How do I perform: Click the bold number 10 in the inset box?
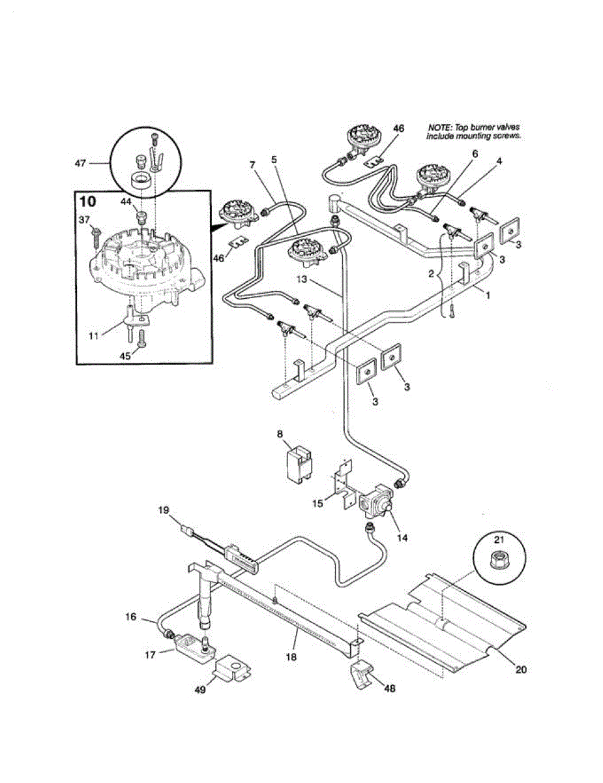tap(87, 202)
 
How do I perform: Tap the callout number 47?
tap(80, 164)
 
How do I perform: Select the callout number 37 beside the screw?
tap(84, 220)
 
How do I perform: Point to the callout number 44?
tap(126, 203)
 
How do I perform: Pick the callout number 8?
tap(280, 434)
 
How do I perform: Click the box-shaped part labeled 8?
tap(299, 464)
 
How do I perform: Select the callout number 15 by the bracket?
tap(318, 503)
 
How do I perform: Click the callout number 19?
tap(163, 510)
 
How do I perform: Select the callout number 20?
tap(521, 669)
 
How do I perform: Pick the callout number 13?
tap(302, 279)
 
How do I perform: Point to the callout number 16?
tap(131, 617)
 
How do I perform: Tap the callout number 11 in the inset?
tap(94, 336)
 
